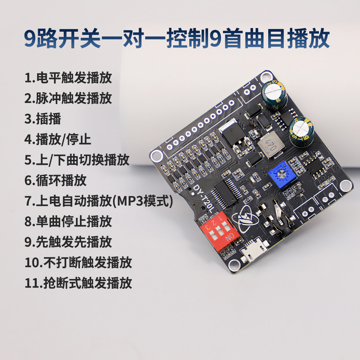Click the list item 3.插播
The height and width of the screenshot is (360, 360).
(x=43, y=119)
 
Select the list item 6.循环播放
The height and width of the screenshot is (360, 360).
(x=55, y=180)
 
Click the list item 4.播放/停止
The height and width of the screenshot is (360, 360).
(x=58, y=139)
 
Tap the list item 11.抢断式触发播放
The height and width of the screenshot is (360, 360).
(x=78, y=283)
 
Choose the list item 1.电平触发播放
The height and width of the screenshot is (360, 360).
(x=68, y=78)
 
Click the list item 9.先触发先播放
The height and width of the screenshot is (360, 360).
(x=68, y=242)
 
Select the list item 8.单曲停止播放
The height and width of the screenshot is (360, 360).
(x=68, y=221)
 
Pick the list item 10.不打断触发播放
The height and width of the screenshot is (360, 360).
(x=78, y=263)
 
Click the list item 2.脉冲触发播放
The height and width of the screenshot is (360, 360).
(x=68, y=98)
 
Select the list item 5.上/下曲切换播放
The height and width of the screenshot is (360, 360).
(x=77, y=160)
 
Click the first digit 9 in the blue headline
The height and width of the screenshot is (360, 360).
(x=31, y=39)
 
